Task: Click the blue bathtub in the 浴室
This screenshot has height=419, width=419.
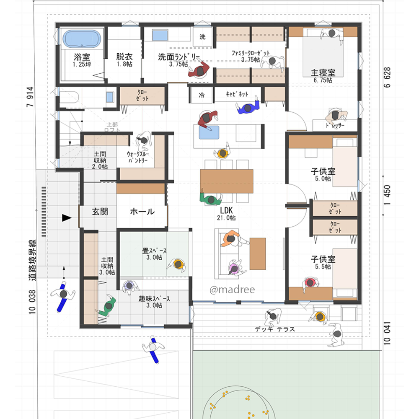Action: pos(83,39)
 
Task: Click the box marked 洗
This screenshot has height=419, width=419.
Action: pos(203,37)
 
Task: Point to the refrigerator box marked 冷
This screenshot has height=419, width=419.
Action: pos(202,95)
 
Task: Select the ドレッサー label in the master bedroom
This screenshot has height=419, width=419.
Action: pos(335,125)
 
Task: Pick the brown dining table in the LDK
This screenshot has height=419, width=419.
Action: pos(227,181)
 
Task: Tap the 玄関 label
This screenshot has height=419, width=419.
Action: pos(100,212)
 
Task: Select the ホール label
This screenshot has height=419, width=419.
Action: pos(142,212)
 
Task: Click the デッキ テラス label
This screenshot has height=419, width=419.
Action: pos(274,329)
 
